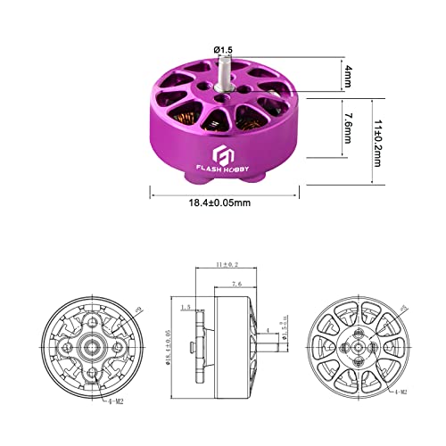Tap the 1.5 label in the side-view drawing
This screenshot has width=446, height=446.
[x=185, y=308]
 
